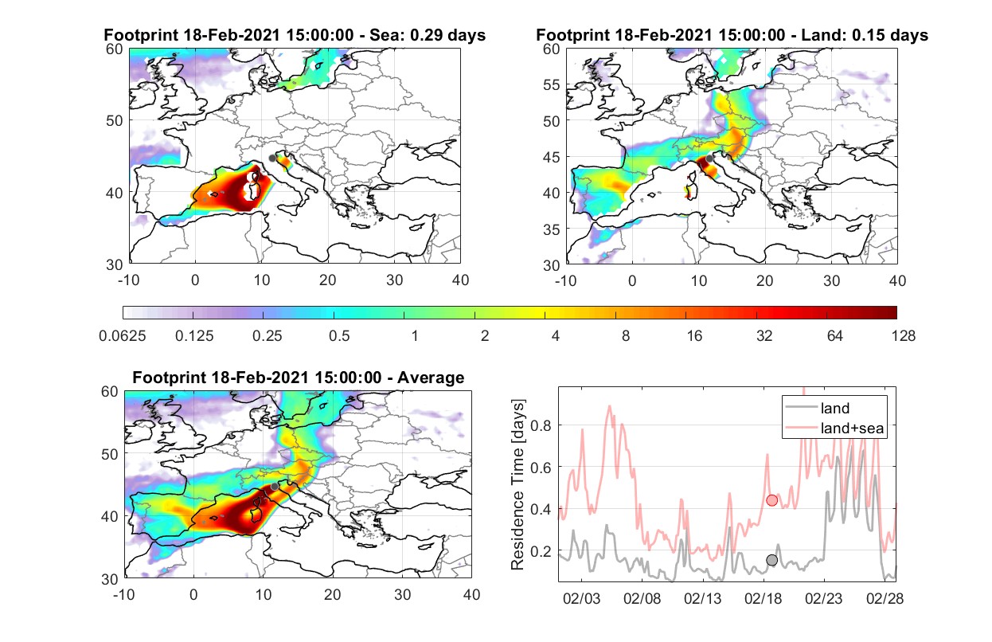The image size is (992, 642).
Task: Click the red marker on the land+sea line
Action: pyautogui.click(x=772, y=500)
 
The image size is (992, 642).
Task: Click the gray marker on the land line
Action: pyautogui.click(x=772, y=560)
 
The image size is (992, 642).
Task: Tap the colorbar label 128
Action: pyautogui.click(x=903, y=336)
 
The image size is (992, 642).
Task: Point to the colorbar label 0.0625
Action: pyautogui.click(x=123, y=336)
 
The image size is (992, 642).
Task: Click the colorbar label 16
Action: pyautogui.click(x=694, y=336)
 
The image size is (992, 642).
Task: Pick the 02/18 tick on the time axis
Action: pyautogui.click(x=763, y=598)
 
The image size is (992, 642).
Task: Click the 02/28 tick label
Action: pyautogui.click(x=885, y=598)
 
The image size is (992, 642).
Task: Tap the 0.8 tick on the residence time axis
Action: pyautogui.click(x=541, y=425)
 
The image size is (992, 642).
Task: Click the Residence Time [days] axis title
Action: pyautogui.click(x=517, y=484)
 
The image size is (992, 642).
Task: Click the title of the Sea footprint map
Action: pyautogui.click(x=295, y=35)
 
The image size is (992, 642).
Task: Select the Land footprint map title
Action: pyautogui.click(x=732, y=35)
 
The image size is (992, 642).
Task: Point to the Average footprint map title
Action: pyautogui.click(x=299, y=378)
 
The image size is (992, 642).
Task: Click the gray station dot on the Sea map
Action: pyautogui.click(x=272, y=159)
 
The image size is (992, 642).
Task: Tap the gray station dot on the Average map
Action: pyautogui.click(x=275, y=487)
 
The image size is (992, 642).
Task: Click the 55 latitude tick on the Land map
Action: pyautogui.click(x=552, y=84)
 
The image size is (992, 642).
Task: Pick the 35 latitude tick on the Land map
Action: pyautogui.click(x=552, y=229)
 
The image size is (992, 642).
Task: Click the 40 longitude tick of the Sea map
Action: pyautogui.click(x=460, y=280)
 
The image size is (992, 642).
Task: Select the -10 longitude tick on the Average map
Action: pyautogui.click(x=124, y=594)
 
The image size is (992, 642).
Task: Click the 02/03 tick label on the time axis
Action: pyautogui.click(x=581, y=598)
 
